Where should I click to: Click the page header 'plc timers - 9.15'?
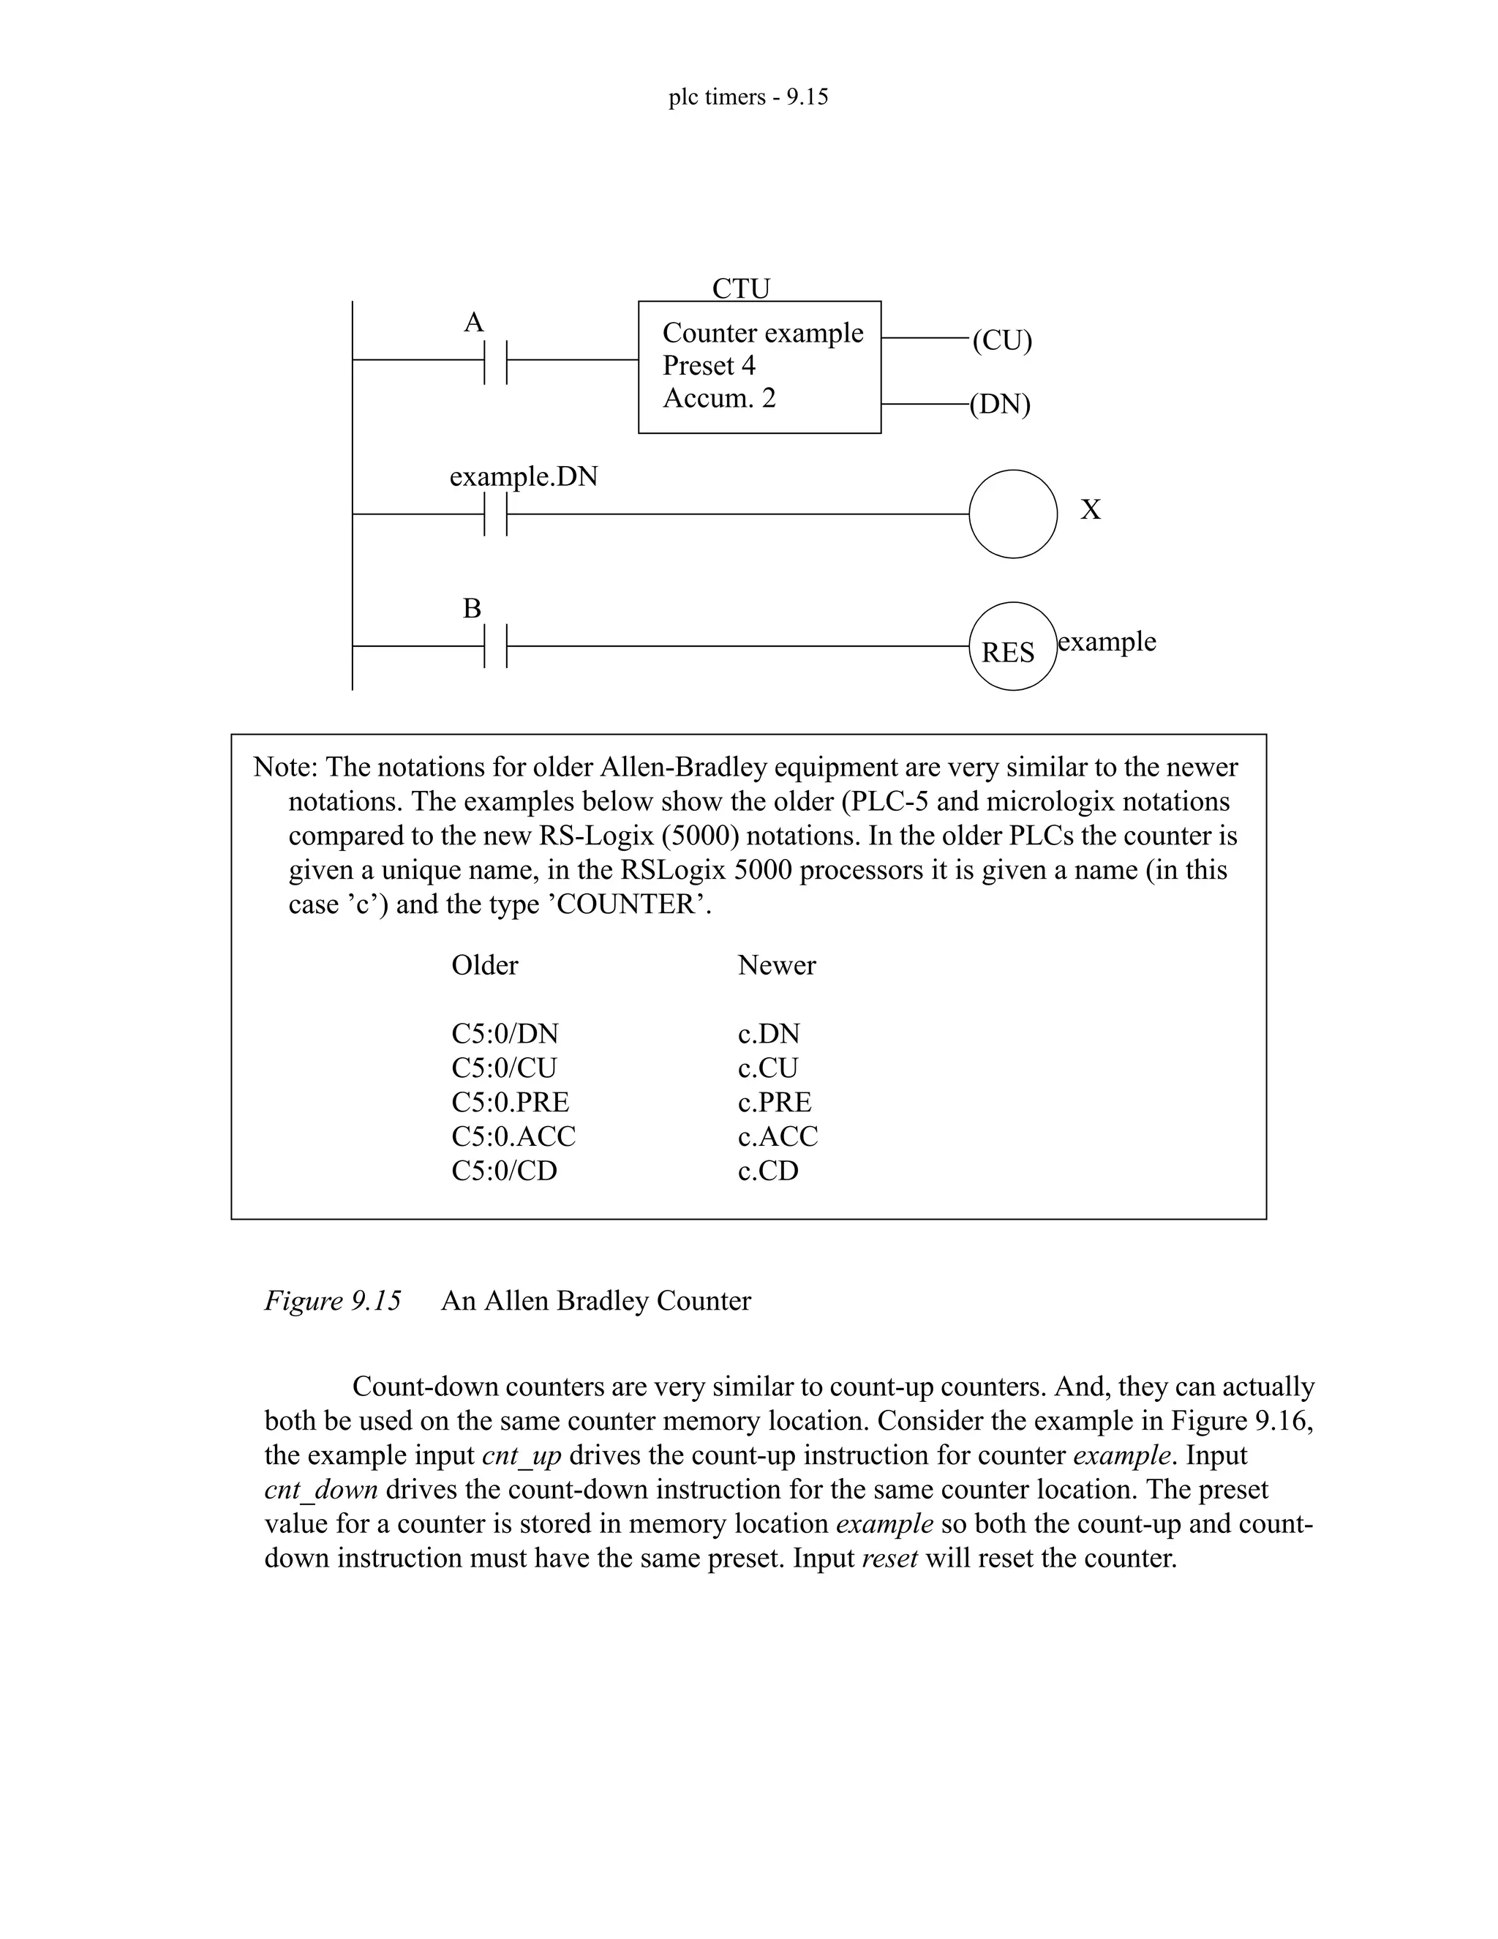748,97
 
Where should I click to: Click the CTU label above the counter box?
741,288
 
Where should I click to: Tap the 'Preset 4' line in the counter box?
708,366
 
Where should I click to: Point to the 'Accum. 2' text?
719,399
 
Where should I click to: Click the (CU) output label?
1002,340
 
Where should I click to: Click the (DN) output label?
1000,405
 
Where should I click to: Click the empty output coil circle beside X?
1012,514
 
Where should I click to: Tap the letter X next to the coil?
1091,509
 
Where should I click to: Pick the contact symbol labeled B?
495,646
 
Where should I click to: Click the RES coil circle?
1012,648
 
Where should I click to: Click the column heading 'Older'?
484,965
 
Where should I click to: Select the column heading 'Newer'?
777,965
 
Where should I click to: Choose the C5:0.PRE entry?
511,1102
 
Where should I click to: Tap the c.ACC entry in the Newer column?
778,1136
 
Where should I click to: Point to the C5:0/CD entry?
504,1171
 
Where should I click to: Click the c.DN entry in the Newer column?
769,1033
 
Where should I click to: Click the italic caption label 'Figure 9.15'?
333,1301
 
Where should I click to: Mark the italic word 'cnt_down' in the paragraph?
321,1490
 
